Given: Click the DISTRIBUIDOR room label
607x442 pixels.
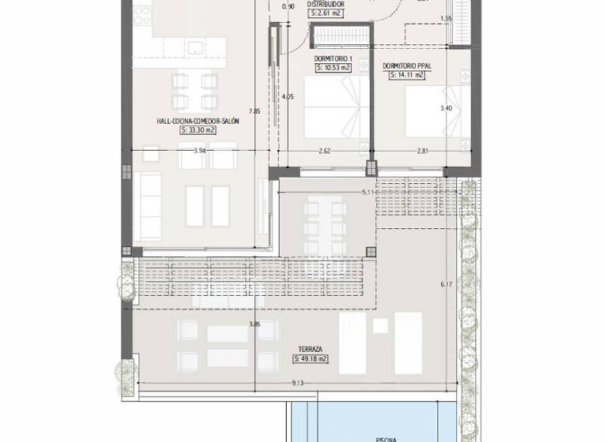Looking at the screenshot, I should click(326, 3).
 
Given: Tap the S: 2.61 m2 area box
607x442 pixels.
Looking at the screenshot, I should click(326, 13).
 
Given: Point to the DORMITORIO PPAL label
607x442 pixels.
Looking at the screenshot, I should click(406, 66).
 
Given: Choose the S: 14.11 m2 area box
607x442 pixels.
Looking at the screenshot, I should click(406, 76).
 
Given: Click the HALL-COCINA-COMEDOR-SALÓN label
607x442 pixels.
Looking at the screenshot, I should click(198, 122).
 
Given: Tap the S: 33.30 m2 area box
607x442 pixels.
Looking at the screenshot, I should click(198, 131).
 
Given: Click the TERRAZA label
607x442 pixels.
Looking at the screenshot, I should click(310, 348).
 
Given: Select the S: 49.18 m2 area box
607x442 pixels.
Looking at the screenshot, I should click(310, 358).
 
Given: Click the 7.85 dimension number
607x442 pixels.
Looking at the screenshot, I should click(254, 111).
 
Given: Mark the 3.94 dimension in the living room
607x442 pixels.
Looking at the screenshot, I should click(199, 150).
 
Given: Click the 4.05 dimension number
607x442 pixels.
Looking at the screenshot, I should click(288, 97).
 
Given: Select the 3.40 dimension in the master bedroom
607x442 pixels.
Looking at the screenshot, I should click(446, 108).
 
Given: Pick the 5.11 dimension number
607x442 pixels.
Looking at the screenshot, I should click(367, 192).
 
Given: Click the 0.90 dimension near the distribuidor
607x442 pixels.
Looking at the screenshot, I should click(288, 7).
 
